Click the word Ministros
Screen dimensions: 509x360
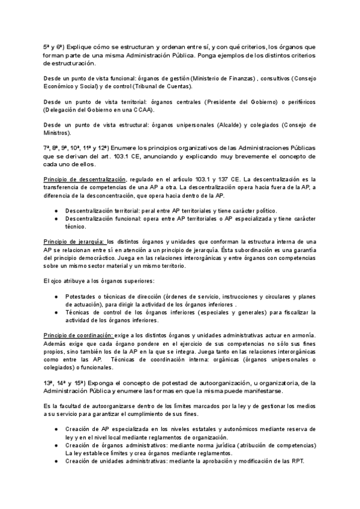coord(57,133)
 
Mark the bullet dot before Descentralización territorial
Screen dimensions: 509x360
coord(56,211)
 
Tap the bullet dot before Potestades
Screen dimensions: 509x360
coord(56,297)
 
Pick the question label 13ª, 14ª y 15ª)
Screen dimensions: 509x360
coord(67,382)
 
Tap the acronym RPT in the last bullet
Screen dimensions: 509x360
coord(296,461)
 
